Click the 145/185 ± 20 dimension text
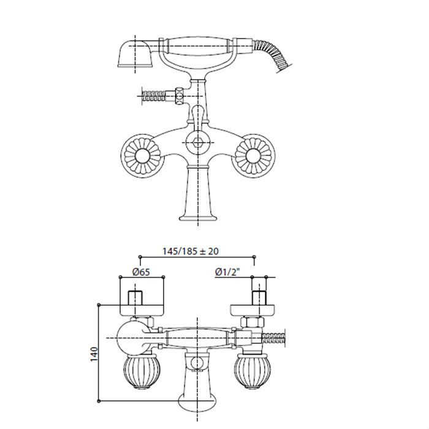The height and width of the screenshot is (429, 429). tap(191, 251)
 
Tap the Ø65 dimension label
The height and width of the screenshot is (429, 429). tap(141, 272)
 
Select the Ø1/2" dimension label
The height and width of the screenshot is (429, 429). tap(227, 271)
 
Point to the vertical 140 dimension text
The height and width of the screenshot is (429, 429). tap(94, 354)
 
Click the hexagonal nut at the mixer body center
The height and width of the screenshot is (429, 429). tap(197, 142)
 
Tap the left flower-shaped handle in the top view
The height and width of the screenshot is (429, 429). tap(142, 156)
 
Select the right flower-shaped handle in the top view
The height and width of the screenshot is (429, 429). tap(253, 156)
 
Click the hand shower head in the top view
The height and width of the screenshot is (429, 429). tap(135, 54)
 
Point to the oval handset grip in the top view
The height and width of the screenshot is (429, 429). tap(197, 45)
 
